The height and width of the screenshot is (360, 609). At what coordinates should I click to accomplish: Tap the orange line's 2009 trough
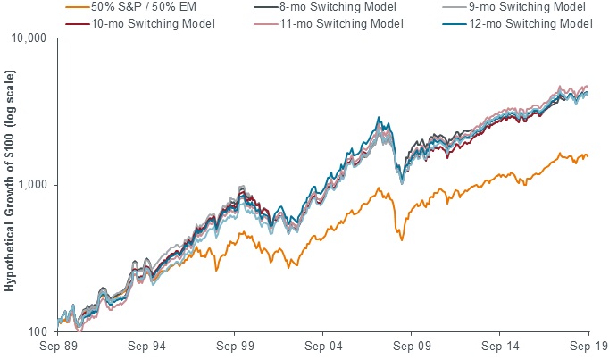pyautogui.click(x=402, y=239)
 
